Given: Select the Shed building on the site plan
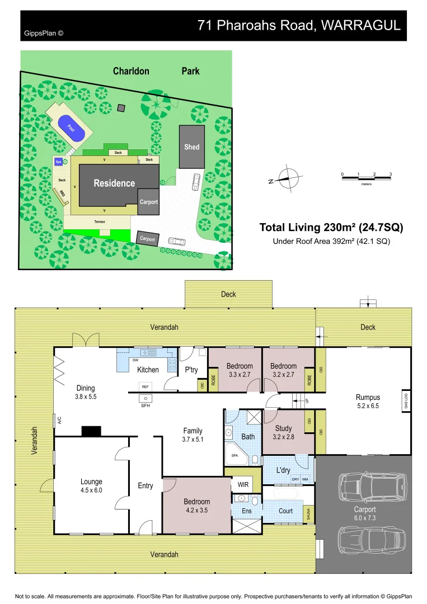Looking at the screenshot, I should [x=192, y=147].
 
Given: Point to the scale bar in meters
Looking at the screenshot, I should [x=367, y=178].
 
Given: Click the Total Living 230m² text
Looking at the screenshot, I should [x=331, y=228].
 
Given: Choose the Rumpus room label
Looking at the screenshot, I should [x=368, y=398].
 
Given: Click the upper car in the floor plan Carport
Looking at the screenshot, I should [x=372, y=487].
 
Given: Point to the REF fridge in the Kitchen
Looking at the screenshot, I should [x=146, y=386].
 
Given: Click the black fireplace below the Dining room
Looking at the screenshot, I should [x=91, y=431].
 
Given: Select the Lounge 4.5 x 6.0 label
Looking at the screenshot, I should [x=91, y=485].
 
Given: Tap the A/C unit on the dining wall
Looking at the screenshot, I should [x=57, y=419].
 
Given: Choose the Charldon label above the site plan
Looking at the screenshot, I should [x=131, y=71].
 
